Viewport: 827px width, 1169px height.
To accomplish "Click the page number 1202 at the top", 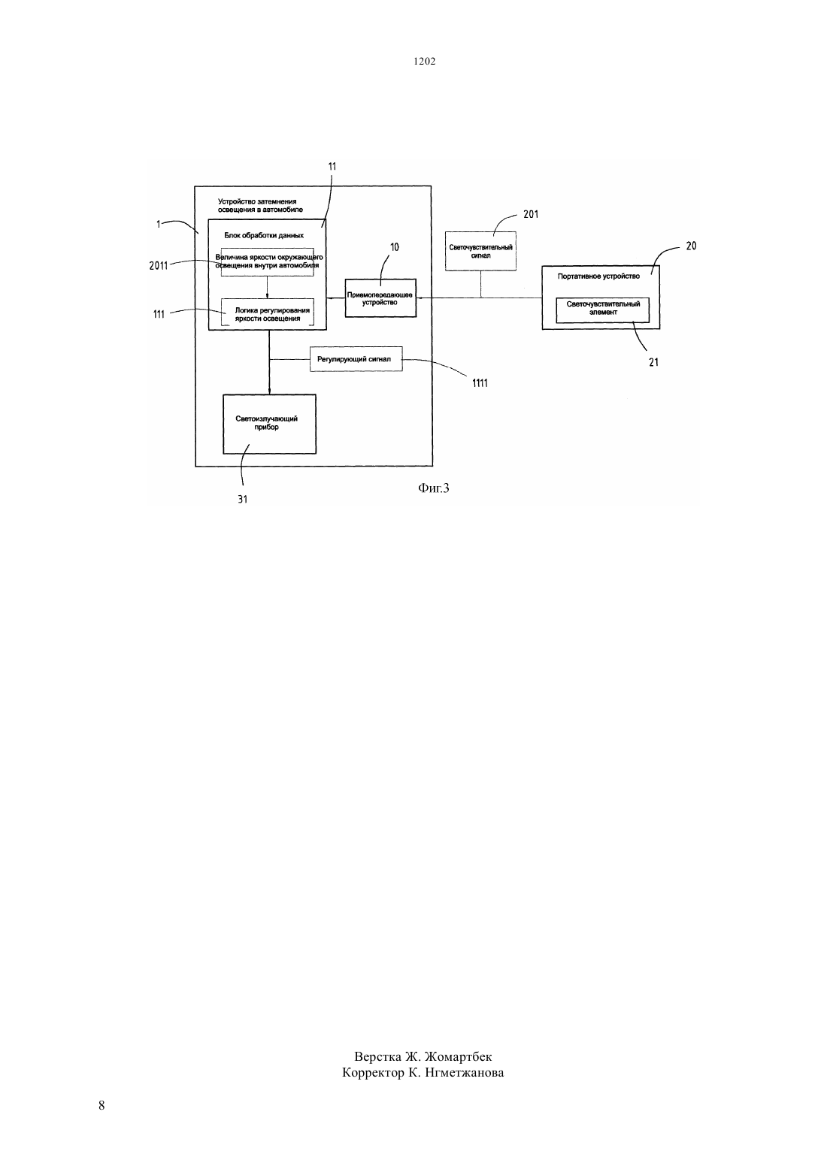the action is pyautogui.click(x=424, y=61).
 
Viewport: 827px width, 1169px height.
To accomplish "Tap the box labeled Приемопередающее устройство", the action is pyautogui.click(x=380, y=298).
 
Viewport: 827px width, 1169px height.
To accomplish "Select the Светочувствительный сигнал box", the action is pyautogui.click(x=480, y=251).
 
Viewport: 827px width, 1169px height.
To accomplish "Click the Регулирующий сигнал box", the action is pyautogui.click(x=356, y=359).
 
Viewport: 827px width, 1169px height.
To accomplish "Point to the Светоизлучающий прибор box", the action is pyautogui.click(x=269, y=424).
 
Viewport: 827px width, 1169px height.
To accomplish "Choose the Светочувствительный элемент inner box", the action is pyautogui.click(x=602, y=310).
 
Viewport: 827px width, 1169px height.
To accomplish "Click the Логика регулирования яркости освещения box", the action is pyautogui.click(x=268, y=313).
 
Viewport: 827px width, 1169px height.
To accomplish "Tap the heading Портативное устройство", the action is pyautogui.click(x=598, y=276).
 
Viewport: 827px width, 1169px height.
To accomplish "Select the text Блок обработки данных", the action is pyautogui.click(x=264, y=235).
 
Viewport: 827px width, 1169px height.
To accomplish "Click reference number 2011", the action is pyautogui.click(x=158, y=266).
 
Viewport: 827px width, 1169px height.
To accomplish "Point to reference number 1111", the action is pyautogui.click(x=480, y=383).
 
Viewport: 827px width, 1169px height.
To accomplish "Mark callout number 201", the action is pyautogui.click(x=531, y=214).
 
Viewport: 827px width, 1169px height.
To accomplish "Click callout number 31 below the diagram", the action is pyautogui.click(x=242, y=500).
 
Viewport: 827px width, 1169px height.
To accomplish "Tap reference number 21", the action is pyautogui.click(x=653, y=362).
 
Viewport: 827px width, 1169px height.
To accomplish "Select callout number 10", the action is pyautogui.click(x=395, y=247).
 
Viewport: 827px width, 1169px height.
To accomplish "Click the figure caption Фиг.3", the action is pyautogui.click(x=433, y=488).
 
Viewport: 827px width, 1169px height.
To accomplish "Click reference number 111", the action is pyautogui.click(x=159, y=314).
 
